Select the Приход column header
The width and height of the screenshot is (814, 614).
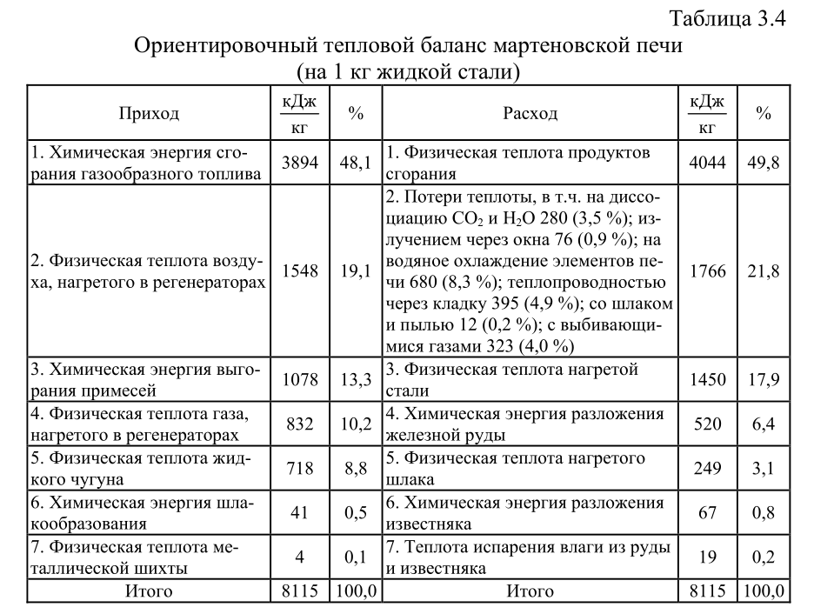click(149, 114)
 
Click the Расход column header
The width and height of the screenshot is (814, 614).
click(530, 114)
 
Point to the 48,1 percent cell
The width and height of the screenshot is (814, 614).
click(356, 163)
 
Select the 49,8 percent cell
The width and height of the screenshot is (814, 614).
click(763, 163)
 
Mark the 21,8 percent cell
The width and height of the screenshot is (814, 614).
click(763, 271)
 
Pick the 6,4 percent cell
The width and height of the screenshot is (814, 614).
click(763, 424)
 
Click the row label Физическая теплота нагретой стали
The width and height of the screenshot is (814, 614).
click(512, 380)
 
